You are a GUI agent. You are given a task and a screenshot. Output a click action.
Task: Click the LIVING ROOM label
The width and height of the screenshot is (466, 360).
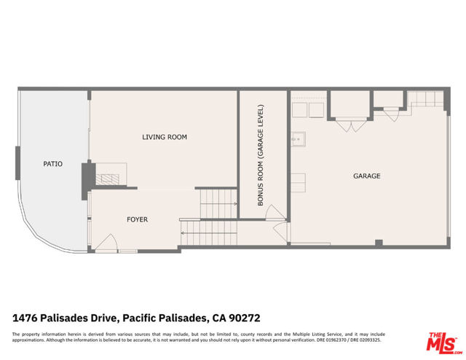pos(164,137)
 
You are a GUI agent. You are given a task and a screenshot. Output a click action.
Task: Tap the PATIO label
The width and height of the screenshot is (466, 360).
pos(52,164)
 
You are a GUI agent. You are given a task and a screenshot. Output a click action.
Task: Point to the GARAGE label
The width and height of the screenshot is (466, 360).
pos(367,176)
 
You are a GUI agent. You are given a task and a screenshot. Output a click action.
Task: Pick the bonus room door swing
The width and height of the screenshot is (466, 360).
pos(272,212)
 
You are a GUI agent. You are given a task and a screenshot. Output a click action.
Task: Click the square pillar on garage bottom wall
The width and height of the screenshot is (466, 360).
pos(378,243)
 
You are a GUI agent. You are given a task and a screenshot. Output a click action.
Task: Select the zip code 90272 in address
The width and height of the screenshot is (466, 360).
pos(244,318)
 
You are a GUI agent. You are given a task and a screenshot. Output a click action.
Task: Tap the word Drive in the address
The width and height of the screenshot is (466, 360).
pos(103,318)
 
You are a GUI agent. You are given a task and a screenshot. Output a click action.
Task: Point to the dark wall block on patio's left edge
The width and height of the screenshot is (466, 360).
pos(17,163)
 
